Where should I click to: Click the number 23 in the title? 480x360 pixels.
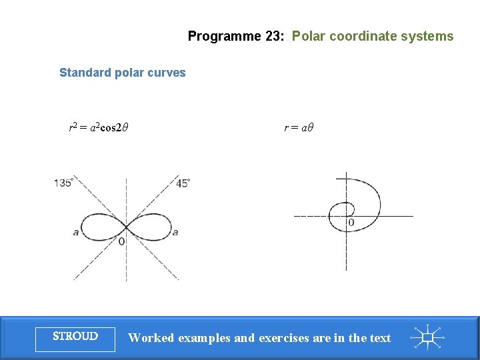pos(273,37)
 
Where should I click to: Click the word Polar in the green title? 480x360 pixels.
pos(307,37)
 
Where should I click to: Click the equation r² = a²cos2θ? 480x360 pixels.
pos(99,126)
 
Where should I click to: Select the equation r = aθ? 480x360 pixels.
pos(298,126)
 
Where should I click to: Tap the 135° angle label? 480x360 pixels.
pos(63,183)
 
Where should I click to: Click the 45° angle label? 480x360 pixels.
pos(183,183)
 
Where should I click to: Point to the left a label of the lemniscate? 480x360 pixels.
pos(75,232)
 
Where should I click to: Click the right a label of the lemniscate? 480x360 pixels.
pos(175,232)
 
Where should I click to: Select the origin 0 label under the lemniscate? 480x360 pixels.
pos(121,241)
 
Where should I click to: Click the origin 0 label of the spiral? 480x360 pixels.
pos(351,221)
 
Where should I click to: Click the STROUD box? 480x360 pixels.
pos(75,337)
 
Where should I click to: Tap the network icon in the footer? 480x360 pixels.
pos(427,337)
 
